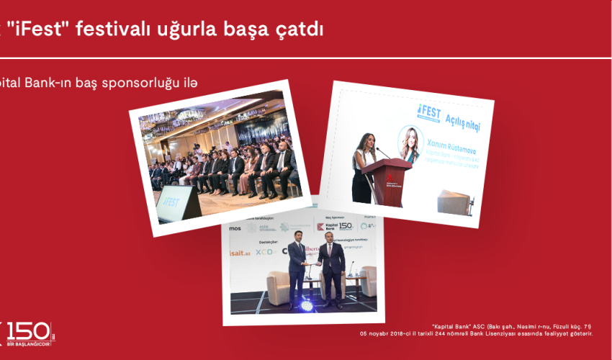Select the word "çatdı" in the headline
(x=299, y=30)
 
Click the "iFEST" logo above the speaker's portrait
(x=429, y=112)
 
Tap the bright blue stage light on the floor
(x=306, y=306)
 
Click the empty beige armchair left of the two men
(x=277, y=285)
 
